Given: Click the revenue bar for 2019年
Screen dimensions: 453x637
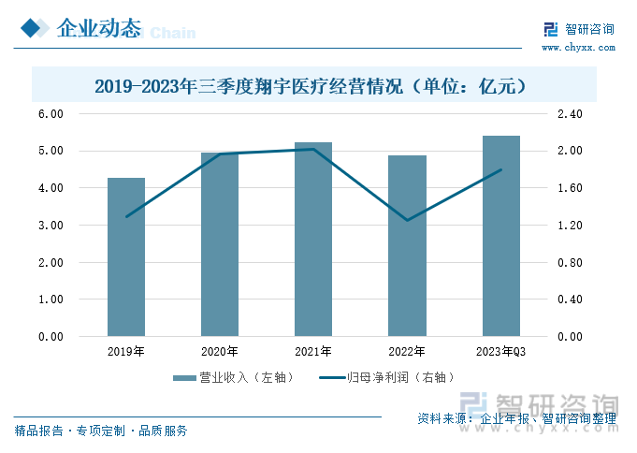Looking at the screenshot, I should [x=126, y=257].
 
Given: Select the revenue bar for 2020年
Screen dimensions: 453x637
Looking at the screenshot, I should [x=220, y=245].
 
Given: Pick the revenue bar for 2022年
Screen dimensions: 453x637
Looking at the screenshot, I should [x=407, y=246].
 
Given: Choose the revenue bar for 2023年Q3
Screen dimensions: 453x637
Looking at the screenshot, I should [x=501, y=236].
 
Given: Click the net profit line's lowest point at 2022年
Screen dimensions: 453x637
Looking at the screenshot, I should [x=407, y=221].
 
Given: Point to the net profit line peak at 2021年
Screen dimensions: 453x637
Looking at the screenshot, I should [x=313, y=149].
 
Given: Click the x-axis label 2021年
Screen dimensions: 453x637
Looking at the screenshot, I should [x=313, y=352].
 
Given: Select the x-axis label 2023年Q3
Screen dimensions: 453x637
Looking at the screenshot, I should [x=501, y=352].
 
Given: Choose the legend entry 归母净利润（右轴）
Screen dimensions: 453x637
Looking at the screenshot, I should [x=388, y=378].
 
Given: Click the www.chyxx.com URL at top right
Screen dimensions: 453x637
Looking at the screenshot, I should [x=579, y=46].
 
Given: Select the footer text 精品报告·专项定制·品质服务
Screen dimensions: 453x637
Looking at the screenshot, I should [x=101, y=431].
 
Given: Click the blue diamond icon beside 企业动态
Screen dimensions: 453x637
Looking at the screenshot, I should [x=33, y=29].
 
